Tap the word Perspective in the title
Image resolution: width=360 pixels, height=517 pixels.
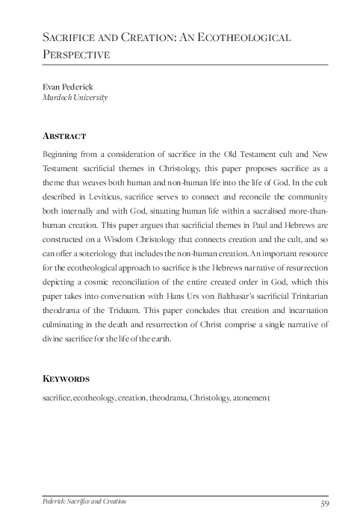coord(77,55)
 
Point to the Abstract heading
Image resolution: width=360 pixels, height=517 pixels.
coord(65,136)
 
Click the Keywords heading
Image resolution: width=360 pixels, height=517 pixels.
coord(67,379)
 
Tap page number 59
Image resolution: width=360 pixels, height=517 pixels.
coord(324,500)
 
